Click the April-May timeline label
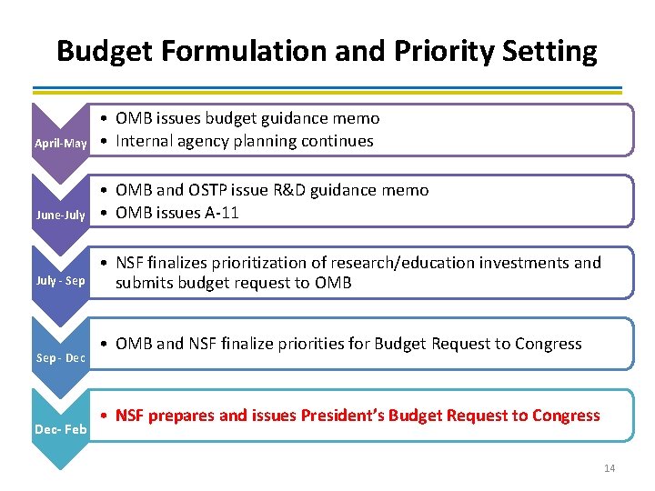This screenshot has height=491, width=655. click(61, 144)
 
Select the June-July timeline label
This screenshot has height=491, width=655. click(61, 215)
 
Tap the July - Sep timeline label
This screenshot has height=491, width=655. click(61, 281)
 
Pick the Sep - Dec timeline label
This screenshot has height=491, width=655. click(61, 357)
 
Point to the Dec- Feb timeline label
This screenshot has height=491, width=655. click(61, 428)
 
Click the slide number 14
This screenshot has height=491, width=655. click(610, 468)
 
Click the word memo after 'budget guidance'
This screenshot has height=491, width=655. click(357, 118)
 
